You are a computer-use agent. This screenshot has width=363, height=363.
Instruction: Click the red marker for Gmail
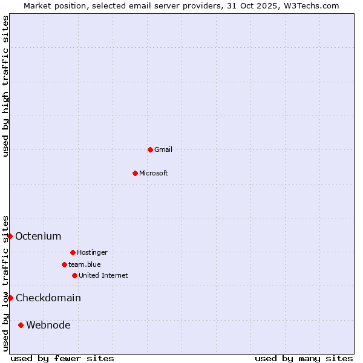[x=150, y=149]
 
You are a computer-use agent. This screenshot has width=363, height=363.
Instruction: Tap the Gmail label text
[x=163, y=149]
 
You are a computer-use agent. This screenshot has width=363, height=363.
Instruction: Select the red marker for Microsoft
[x=135, y=173]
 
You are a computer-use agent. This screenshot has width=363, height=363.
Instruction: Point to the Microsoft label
[x=154, y=173]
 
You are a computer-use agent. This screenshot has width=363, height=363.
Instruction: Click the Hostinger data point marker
[x=73, y=252]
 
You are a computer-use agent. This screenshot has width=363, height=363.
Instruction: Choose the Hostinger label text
[x=92, y=252]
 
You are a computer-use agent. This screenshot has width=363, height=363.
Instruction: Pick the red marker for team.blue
[x=64, y=264]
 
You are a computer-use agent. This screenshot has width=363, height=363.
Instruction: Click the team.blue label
[x=85, y=264]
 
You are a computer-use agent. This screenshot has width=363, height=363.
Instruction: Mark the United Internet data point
[x=74, y=275]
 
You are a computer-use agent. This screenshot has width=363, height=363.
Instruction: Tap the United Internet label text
[x=103, y=275]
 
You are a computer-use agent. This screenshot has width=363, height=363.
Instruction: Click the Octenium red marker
[x=10, y=236]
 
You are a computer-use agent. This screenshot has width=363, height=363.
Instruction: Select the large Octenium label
[x=38, y=236]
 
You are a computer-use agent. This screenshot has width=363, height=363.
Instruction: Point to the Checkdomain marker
[x=10, y=298]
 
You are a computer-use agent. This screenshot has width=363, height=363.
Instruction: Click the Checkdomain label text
[x=48, y=298]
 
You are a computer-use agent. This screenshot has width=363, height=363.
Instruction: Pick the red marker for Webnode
[x=21, y=325]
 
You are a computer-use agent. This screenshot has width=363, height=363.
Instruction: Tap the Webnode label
[x=48, y=325]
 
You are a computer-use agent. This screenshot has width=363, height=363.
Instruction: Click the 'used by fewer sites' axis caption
[x=62, y=359]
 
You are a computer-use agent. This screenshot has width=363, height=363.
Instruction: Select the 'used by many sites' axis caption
[x=304, y=359]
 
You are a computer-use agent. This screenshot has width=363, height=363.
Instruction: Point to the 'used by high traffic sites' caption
[x=5, y=86]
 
